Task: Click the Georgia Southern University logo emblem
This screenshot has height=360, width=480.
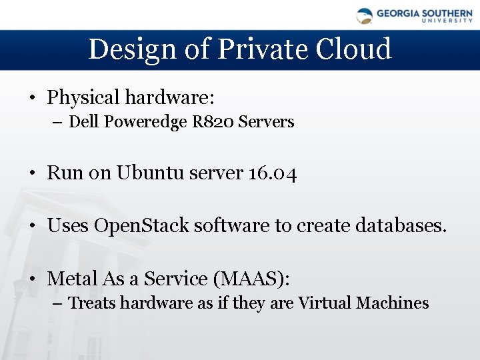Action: (364, 15)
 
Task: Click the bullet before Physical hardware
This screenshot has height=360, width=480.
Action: (33, 99)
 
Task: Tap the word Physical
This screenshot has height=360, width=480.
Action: (84, 98)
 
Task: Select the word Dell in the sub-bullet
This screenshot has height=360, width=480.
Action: (82, 122)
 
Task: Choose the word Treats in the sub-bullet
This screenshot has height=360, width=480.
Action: (92, 303)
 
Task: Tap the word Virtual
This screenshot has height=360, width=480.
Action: (325, 303)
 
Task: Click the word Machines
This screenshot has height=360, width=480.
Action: (393, 303)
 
